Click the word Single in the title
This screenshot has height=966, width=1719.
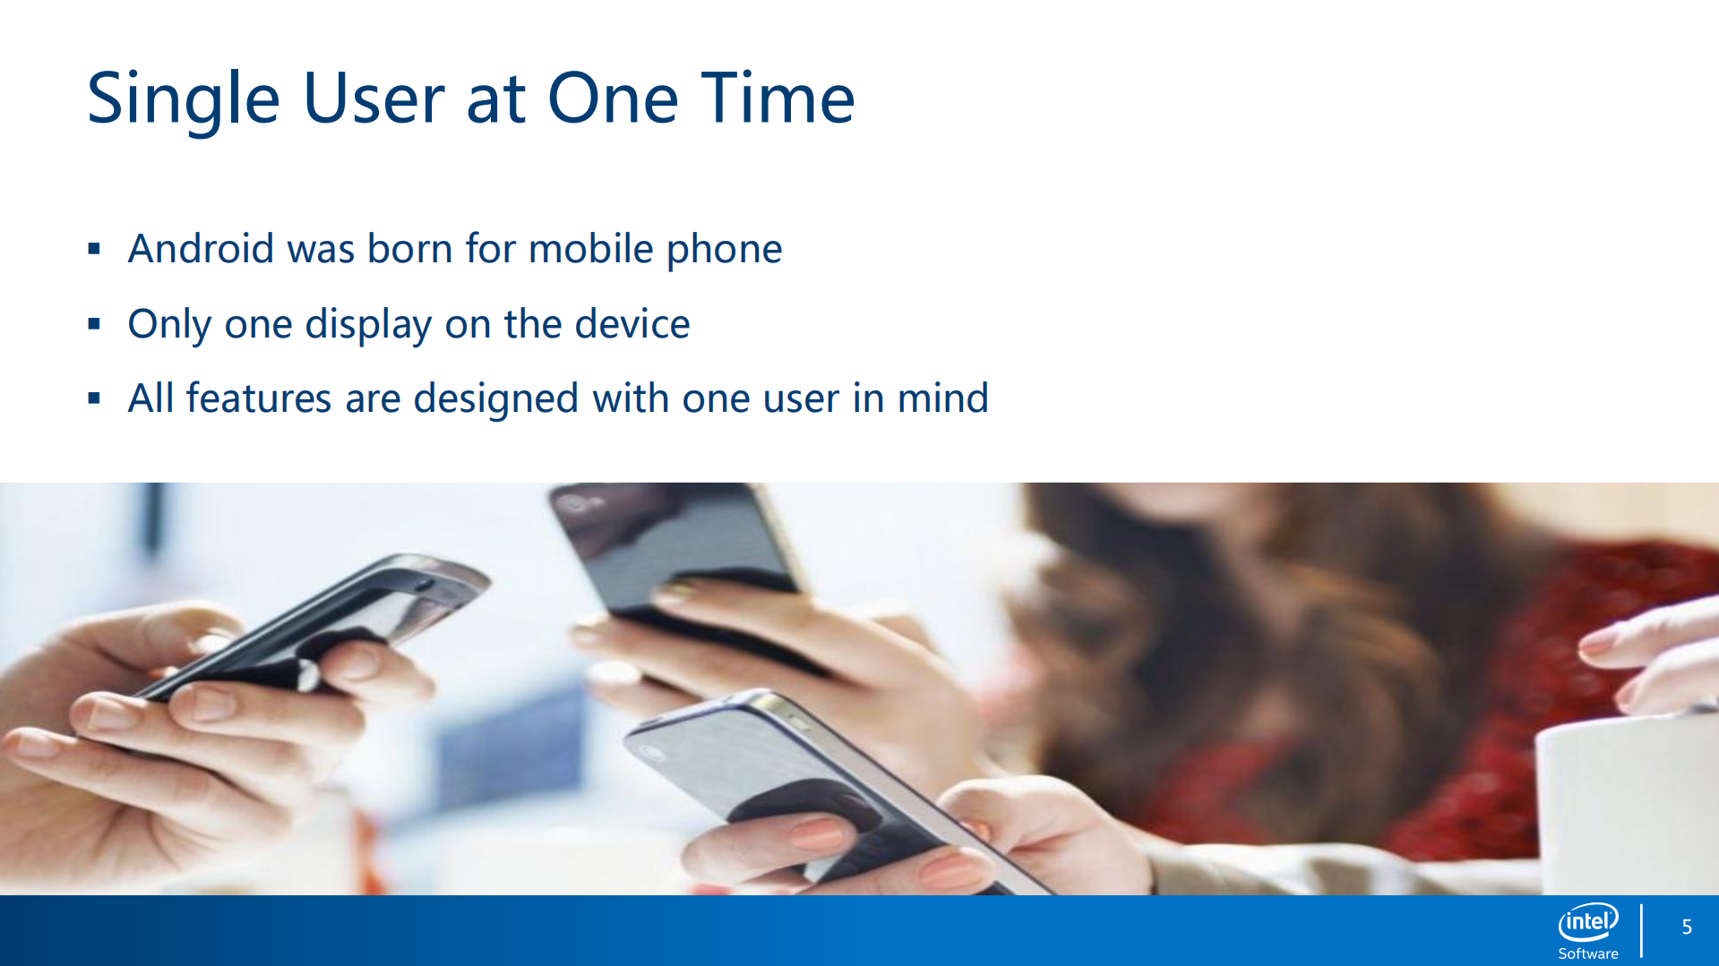[184, 99]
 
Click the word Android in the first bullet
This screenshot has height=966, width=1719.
[201, 248]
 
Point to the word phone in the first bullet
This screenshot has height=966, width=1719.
[724, 250]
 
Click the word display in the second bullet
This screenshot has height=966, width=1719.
[368, 325]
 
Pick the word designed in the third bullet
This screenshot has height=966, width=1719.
[495, 399]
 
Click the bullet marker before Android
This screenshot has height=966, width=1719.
[94, 249]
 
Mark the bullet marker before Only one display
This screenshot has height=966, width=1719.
[94, 324]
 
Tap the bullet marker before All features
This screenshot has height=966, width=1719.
[94, 398]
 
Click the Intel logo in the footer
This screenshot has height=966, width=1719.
[1588, 921]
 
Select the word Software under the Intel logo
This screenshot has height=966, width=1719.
[1588, 953]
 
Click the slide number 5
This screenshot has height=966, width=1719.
[1687, 928]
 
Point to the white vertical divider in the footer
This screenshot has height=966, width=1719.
[1641, 931]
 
